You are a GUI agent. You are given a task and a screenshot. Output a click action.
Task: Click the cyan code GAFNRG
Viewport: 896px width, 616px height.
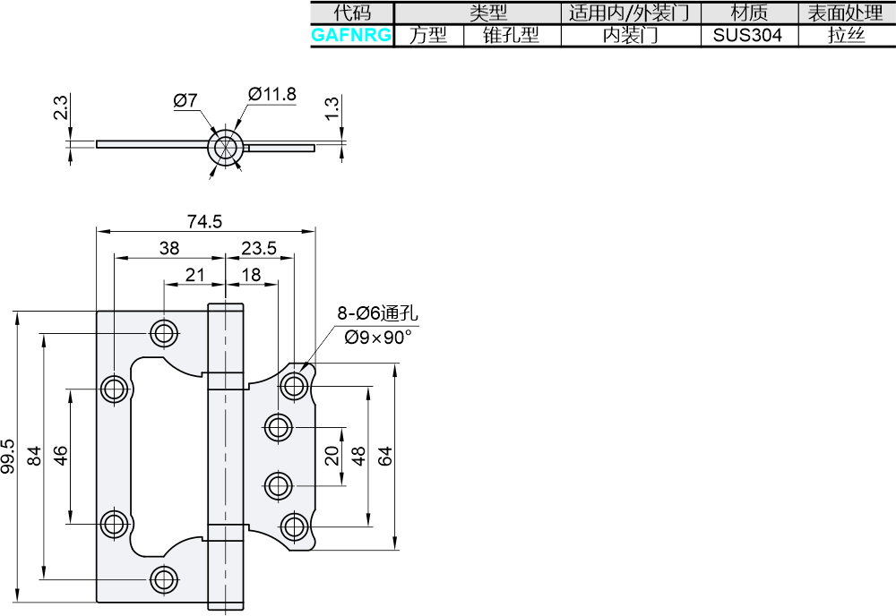point(351,36)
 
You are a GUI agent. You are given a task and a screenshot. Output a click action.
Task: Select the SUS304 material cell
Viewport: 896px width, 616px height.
point(747,36)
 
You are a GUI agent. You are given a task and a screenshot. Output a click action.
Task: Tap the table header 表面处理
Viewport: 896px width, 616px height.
point(845,13)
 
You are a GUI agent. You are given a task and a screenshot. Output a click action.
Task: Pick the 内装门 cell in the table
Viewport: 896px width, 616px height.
point(631,36)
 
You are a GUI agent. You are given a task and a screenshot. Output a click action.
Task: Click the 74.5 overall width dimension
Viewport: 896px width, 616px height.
point(204,221)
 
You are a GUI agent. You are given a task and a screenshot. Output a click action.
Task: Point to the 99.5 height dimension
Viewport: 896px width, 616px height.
point(8,456)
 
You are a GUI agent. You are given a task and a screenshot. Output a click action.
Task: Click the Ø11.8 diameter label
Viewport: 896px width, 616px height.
point(272,94)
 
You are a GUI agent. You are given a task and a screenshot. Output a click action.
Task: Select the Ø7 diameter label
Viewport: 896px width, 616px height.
point(185,100)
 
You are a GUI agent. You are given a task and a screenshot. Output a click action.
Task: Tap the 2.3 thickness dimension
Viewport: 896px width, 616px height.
point(60,107)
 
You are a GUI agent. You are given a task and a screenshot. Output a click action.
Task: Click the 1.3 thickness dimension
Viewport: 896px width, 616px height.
point(332,108)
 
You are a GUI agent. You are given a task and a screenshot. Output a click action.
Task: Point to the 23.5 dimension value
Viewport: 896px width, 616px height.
point(259,248)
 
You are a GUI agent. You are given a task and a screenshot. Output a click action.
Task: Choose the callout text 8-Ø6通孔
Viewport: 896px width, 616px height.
point(377,312)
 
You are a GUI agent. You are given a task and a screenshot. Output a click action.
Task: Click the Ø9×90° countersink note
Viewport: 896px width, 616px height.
point(378,338)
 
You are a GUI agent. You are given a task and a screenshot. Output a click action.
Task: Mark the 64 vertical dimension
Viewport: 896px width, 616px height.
point(385,456)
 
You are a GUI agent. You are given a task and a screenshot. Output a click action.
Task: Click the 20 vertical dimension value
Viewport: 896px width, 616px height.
point(332,456)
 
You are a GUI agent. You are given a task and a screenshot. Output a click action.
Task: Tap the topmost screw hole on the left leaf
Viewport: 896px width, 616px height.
point(164,332)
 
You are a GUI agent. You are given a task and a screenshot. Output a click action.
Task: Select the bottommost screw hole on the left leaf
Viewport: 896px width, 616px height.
point(164,579)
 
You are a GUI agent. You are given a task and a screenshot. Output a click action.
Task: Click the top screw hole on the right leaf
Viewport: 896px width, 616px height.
point(294,386)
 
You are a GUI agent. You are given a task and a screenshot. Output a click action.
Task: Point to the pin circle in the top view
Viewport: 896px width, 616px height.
point(226,146)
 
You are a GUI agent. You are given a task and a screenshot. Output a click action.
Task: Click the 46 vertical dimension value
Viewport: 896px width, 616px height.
point(60,456)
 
